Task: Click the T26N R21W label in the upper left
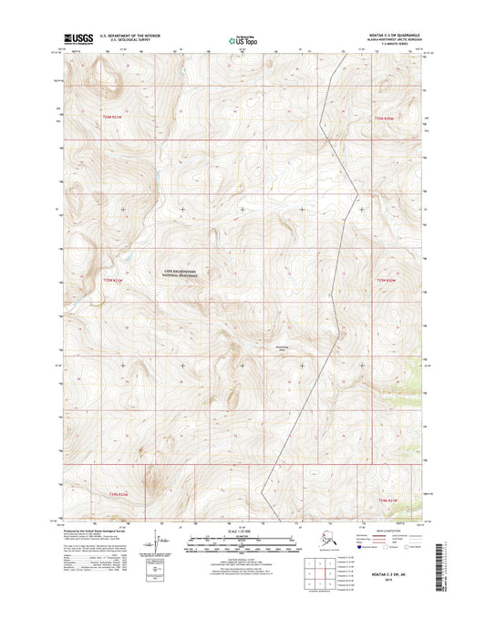(x=111, y=118)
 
